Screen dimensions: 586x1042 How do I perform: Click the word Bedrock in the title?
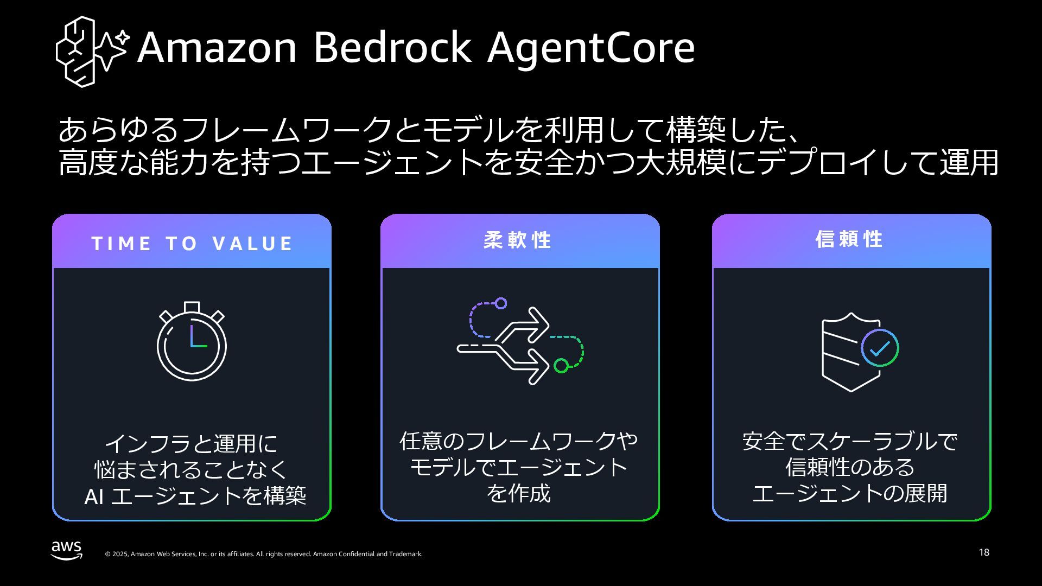click(392, 48)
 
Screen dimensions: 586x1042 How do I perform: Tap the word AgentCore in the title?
click(590, 48)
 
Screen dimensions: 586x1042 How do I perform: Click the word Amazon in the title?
click(217, 48)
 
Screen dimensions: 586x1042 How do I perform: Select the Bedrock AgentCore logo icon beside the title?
click(92, 51)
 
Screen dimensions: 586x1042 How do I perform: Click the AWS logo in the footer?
click(67, 550)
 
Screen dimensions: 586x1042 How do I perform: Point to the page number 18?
click(984, 552)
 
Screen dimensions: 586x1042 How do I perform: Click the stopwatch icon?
click(192, 341)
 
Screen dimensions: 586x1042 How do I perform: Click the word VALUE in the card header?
click(253, 244)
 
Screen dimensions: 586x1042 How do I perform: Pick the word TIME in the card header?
click(122, 244)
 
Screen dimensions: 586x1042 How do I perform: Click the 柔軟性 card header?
click(518, 240)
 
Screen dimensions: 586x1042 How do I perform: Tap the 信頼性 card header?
click(849, 239)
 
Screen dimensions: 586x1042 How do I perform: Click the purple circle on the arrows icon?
click(501, 303)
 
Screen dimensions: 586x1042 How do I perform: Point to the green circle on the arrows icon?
click(561, 366)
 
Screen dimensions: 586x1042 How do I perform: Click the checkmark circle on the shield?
click(880, 348)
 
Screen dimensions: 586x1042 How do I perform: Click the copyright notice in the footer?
click(263, 554)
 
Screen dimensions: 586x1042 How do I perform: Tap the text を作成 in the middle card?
click(518, 493)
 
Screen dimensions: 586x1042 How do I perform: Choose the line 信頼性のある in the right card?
click(850, 467)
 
